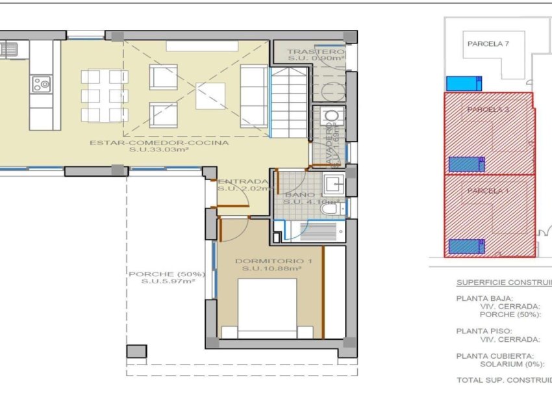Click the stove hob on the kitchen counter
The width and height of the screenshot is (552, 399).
click(x=41, y=83)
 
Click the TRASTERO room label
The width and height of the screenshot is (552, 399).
click(x=315, y=52)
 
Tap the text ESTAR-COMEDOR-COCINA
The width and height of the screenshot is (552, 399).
click(x=159, y=144)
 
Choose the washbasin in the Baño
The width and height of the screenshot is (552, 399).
click(x=336, y=184)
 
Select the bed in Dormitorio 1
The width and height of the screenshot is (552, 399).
click(x=271, y=309)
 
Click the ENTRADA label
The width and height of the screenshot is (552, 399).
click(x=243, y=181)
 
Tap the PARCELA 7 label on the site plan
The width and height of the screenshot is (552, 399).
click(x=488, y=44)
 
